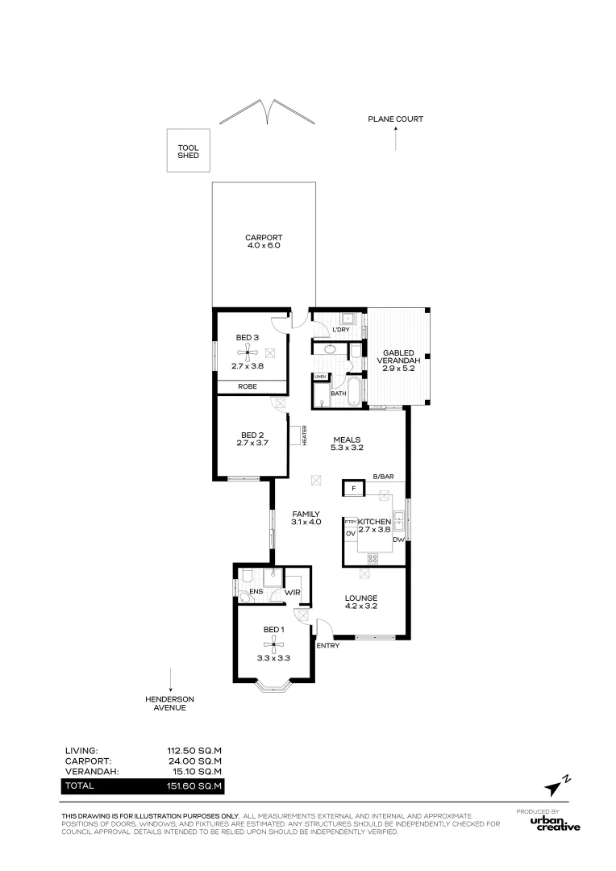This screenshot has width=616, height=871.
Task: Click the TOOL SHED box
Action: pyautogui.click(x=189, y=150)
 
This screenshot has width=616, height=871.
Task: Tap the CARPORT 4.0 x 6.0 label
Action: pyautogui.click(x=264, y=241)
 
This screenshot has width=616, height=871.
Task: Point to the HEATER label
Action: pyautogui.click(x=305, y=435)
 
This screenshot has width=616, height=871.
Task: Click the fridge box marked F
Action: pyautogui.click(x=353, y=489)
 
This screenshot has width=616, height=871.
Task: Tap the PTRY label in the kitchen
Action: pyautogui.click(x=351, y=522)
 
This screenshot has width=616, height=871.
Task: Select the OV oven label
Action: pyautogui.click(x=351, y=533)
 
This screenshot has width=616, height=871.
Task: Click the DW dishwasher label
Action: pyautogui.click(x=398, y=540)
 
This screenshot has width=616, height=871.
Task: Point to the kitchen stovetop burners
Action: pyautogui.click(x=373, y=558)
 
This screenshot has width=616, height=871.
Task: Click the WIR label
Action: pyautogui.click(x=292, y=593)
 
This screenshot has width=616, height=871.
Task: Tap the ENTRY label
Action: pyautogui.click(x=327, y=645)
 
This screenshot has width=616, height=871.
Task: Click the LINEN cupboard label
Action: pyautogui.click(x=320, y=377)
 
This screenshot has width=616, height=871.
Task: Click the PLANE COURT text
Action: pyautogui.click(x=396, y=119)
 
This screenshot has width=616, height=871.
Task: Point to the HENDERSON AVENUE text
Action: pyautogui.click(x=169, y=703)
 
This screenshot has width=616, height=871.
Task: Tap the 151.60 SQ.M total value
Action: pyautogui.click(x=194, y=786)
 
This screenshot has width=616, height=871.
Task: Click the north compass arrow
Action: pyautogui.click(x=557, y=786)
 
